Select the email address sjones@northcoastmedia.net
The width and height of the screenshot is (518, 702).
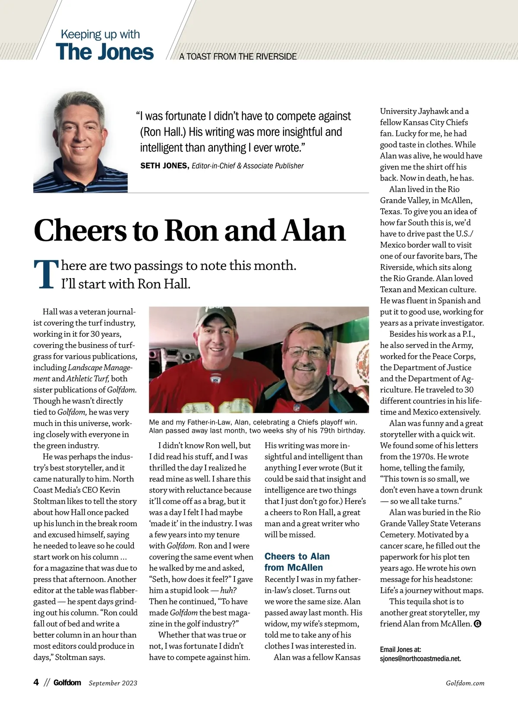(x=420, y=659)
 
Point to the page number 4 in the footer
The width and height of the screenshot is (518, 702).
(x=36, y=682)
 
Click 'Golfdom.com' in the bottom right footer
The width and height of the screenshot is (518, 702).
(x=465, y=683)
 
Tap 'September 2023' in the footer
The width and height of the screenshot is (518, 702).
(x=113, y=683)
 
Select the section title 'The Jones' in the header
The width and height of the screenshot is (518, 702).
(x=104, y=52)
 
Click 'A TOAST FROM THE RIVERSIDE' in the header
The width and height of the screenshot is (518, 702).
(x=238, y=57)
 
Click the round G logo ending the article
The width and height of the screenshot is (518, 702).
(x=477, y=624)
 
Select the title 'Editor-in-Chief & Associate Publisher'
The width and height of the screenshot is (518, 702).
(x=247, y=166)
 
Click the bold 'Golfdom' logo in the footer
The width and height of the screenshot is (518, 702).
(x=67, y=683)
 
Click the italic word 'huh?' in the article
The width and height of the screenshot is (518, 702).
(x=228, y=591)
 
